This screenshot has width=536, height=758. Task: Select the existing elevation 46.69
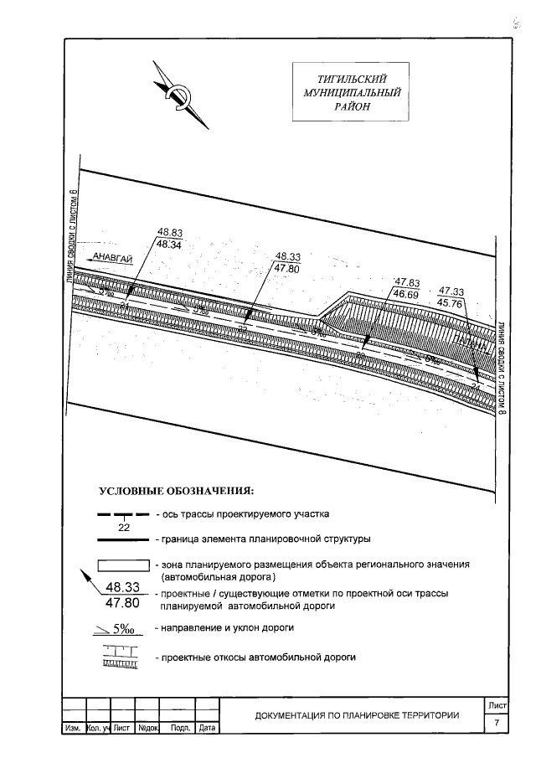pyautogui.click(x=406, y=295)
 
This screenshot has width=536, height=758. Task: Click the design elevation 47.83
pyautogui.click(x=406, y=283)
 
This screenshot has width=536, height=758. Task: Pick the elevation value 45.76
pyautogui.click(x=451, y=303)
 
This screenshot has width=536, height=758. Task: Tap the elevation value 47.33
pyautogui.click(x=451, y=291)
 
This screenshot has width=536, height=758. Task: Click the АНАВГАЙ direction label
pyautogui.click(x=113, y=259)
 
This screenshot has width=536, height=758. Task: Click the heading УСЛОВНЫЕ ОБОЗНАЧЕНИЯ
pyautogui.click(x=176, y=490)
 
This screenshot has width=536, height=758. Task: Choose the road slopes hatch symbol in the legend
pyautogui.click(x=123, y=657)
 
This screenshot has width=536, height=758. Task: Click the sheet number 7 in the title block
pyautogui.click(x=497, y=722)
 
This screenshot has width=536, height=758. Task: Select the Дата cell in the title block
pyautogui.click(x=208, y=729)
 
